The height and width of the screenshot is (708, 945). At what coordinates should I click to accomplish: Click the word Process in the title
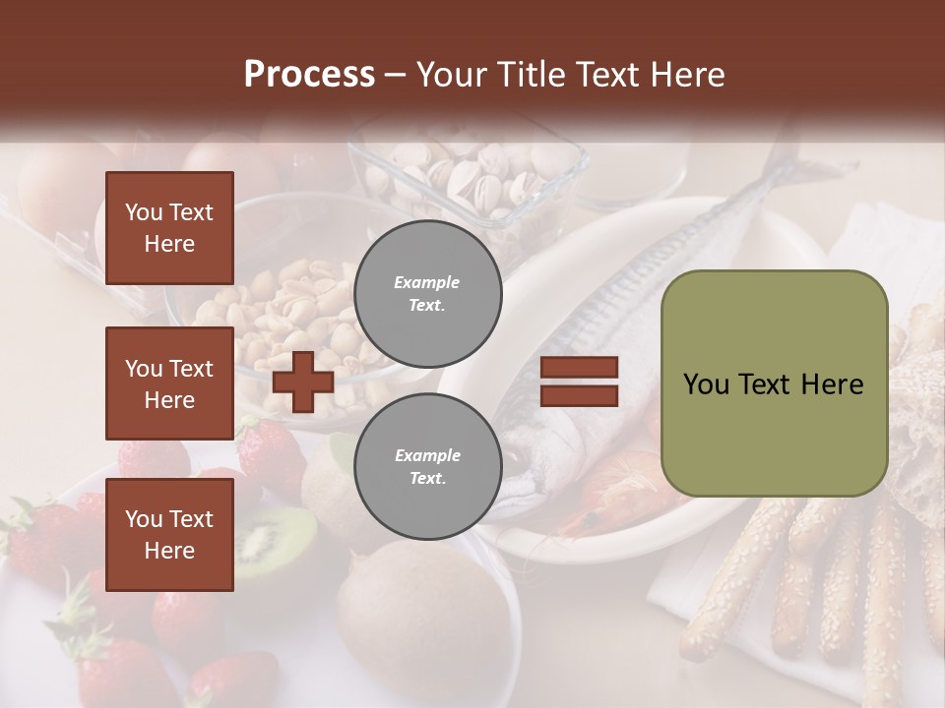click(x=309, y=75)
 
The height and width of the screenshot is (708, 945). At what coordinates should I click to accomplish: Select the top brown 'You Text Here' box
click(x=169, y=228)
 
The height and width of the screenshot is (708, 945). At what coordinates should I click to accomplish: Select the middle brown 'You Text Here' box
click(x=169, y=383)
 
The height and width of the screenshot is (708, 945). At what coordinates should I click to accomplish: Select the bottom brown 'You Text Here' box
click(x=169, y=534)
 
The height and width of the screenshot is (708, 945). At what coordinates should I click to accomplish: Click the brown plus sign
click(x=303, y=382)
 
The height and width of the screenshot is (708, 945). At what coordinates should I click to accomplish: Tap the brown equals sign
click(x=580, y=382)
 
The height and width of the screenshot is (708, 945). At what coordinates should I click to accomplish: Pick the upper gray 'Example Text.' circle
click(x=427, y=293)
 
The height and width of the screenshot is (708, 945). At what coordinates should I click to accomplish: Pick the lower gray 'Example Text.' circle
click(x=427, y=467)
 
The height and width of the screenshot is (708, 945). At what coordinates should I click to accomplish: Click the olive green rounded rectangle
click(x=774, y=383)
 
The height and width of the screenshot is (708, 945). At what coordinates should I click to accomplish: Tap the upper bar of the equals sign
click(x=580, y=368)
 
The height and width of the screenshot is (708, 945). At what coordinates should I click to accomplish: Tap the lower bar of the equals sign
click(x=580, y=395)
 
